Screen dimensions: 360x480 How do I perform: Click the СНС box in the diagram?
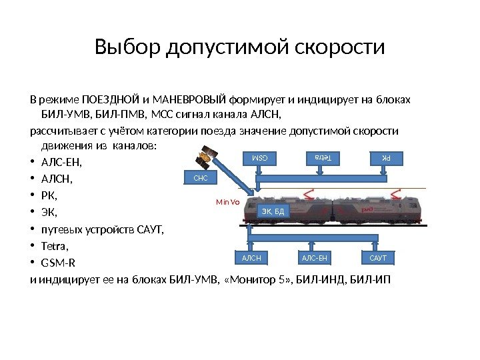pos(201,178)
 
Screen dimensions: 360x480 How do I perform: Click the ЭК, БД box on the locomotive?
pos(273,212)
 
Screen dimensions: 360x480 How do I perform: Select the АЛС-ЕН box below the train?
pos(315,257)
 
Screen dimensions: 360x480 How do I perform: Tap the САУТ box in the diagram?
pos(378,257)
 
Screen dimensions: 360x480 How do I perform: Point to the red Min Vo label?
pos(227,200)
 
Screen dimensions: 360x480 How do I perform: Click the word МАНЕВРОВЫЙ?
pos(187,101)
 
